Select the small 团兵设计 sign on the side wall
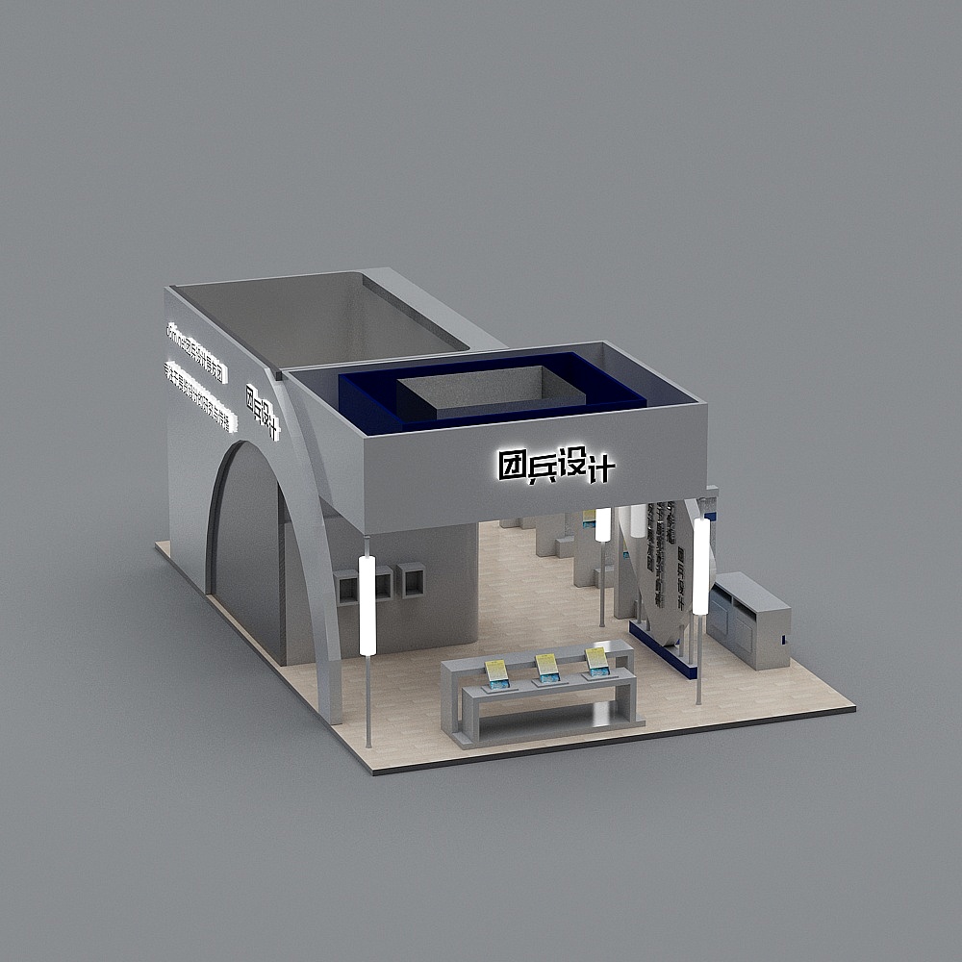click(262, 412)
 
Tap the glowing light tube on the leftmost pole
click(367, 605)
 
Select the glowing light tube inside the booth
click(603, 525)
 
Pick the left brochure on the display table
click(497, 672)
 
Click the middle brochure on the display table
click(547, 666)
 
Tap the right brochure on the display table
click(597, 660)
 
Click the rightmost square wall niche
click(412, 579)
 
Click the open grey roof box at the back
click(317, 317)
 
